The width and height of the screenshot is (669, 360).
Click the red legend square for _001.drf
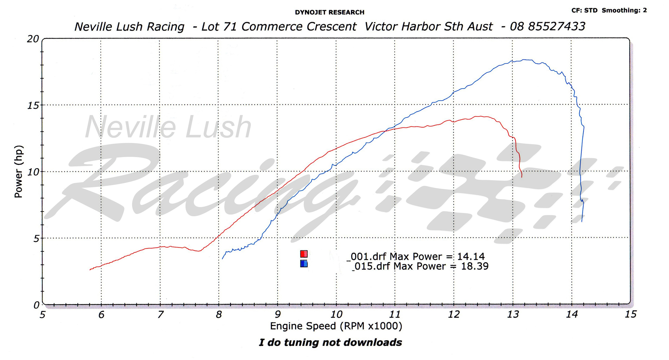click(304, 254)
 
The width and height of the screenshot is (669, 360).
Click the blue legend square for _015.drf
click(304, 264)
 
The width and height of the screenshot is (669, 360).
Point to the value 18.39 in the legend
click(475, 266)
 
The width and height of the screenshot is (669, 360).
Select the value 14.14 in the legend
click(471, 256)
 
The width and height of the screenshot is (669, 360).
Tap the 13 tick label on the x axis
click(513, 314)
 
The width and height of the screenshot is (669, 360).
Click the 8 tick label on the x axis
click(219, 314)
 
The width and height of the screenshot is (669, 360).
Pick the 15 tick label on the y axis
click(33, 105)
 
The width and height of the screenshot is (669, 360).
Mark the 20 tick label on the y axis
click(33, 39)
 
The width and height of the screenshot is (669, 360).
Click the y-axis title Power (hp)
click(18, 171)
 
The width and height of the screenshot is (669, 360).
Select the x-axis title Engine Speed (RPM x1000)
click(336, 326)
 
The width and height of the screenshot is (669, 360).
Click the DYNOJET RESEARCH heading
click(329, 12)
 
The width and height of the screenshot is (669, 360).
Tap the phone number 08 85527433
click(547, 26)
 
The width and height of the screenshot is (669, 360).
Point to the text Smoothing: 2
click(624, 10)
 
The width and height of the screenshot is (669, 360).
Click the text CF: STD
click(584, 10)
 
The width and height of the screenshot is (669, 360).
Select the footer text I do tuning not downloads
click(330, 342)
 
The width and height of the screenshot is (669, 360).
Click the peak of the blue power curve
click(525, 60)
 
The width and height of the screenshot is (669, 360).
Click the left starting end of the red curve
click(90, 269)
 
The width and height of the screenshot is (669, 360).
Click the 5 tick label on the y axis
click(36, 238)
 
